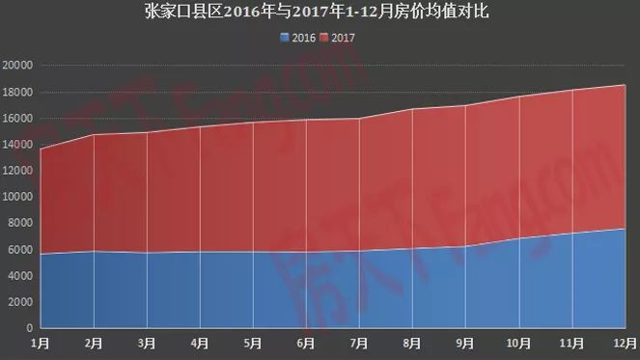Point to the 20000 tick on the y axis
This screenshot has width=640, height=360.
tap(18, 66)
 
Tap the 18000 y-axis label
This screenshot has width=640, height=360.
tap(18, 92)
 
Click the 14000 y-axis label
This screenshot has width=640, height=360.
tap(18, 145)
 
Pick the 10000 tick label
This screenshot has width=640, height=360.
tap(18, 197)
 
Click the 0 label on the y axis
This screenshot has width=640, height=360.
tap(30, 328)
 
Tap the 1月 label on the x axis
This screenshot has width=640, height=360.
tap(41, 342)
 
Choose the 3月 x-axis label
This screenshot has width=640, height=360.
tap(147, 342)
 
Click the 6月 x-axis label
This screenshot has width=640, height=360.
tap(307, 342)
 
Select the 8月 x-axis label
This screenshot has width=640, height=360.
tap(413, 342)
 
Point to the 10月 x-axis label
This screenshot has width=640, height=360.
tap(519, 342)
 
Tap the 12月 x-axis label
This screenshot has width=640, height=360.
tap(626, 342)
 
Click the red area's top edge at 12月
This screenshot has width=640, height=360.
tap(626, 85)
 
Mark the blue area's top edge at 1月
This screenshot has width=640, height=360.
tap(41, 254)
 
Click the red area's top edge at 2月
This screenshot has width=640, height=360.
tap(94, 135)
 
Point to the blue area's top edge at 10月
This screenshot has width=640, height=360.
tap(519, 238)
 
